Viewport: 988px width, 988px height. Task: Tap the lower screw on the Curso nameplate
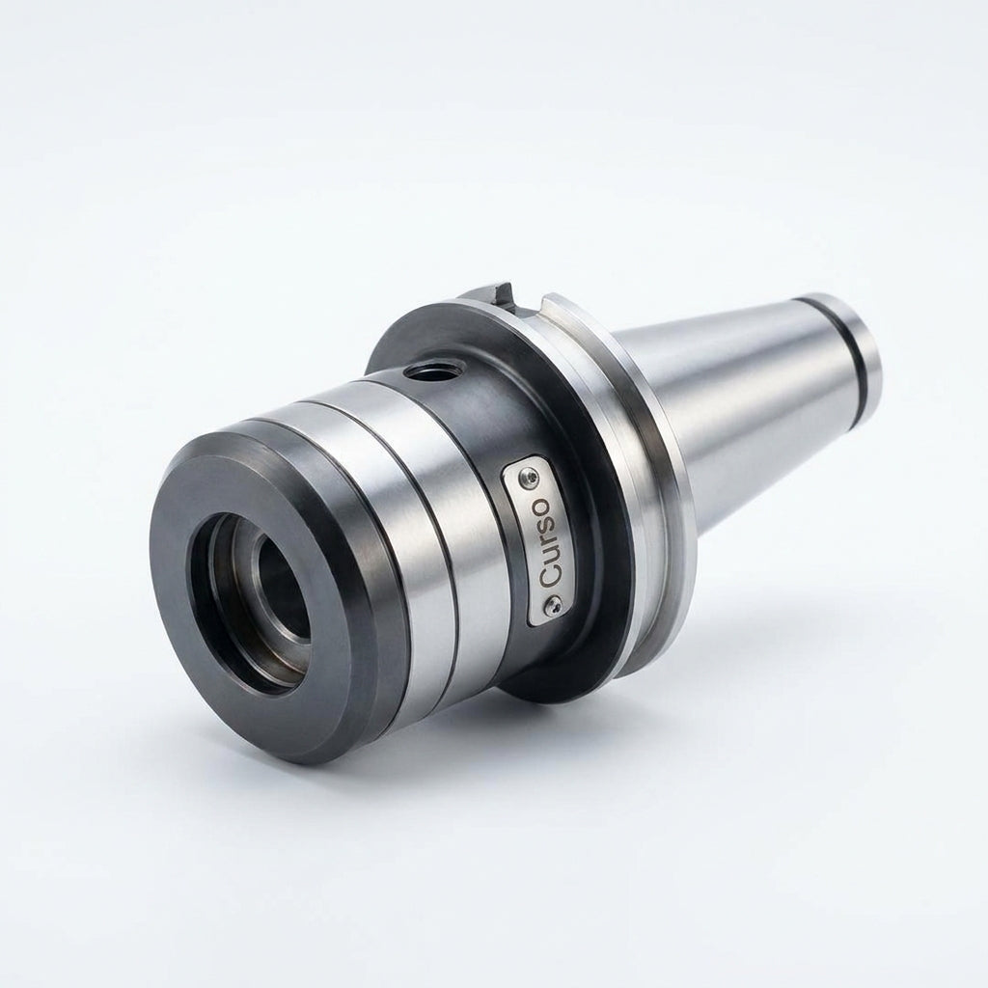click(x=554, y=606)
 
